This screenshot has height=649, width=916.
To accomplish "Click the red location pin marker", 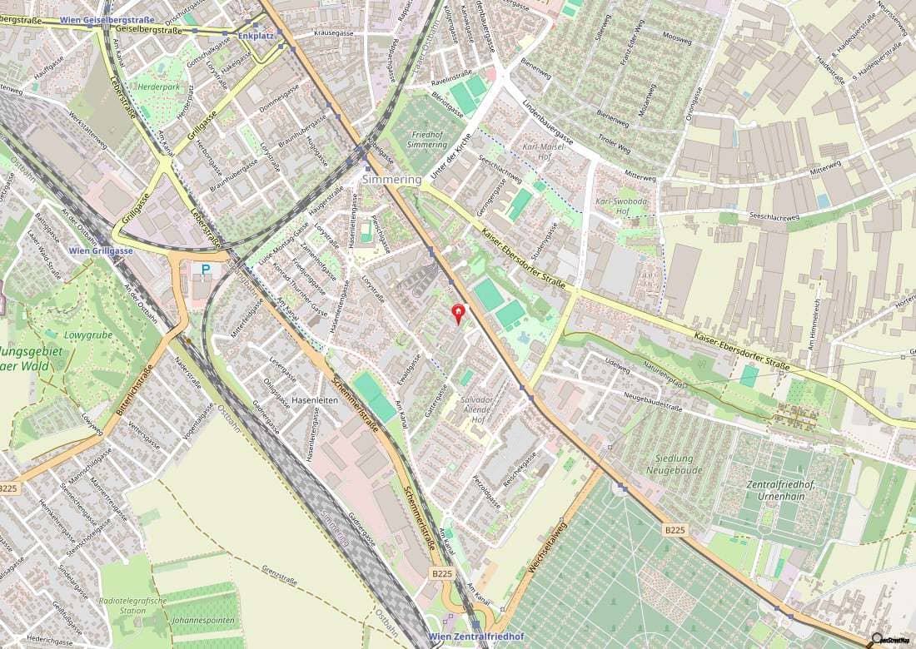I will [457, 314].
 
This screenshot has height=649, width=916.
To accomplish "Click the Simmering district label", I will [391, 179].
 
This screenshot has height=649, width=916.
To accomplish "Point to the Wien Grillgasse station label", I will [101, 250].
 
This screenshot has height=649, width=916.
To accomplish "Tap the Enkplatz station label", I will [255, 36].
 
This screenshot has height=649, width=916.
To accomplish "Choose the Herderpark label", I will [160, 86].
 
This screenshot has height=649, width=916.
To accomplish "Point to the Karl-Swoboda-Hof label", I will [615, 206].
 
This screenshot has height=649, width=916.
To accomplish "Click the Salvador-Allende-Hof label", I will [477, 409].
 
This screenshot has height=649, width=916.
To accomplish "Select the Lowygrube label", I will [81, 336].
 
